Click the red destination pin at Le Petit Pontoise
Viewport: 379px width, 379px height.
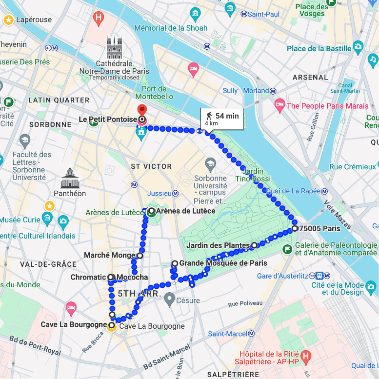point(141,111)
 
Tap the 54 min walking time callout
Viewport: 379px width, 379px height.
point(222,119)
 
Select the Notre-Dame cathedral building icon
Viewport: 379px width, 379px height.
point(114,47)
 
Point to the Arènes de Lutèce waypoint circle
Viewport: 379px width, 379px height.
point(151,211)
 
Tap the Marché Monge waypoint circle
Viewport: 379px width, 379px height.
point(140,255)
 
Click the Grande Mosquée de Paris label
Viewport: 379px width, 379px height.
point(223,263)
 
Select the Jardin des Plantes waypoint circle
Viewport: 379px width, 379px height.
point(254,245)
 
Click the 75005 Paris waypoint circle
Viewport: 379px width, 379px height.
point(295,228)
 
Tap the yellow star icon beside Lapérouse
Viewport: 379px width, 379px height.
point(8,20)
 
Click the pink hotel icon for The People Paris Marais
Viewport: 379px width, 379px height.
point(279,104)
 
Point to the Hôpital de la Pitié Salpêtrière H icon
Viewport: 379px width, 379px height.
point(306,356)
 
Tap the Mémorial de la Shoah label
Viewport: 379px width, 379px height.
point(170,28)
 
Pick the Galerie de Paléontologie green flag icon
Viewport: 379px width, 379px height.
point(288,249)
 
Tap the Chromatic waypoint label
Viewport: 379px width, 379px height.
point(88,277)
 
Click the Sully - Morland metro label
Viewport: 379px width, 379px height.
point(246,91)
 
